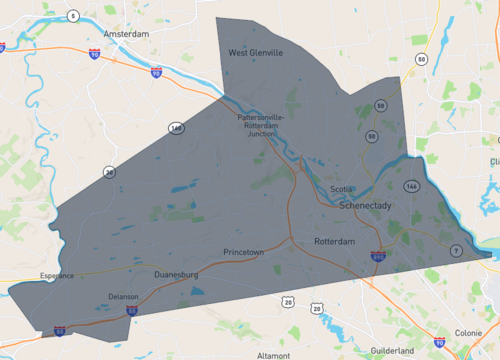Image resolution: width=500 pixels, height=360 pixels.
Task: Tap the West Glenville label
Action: click(256, 52)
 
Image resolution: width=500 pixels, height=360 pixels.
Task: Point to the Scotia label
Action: click(342, 189)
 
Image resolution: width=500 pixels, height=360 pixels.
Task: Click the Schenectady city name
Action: click(368, 205)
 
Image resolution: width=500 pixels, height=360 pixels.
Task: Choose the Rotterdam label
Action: click(335, 242)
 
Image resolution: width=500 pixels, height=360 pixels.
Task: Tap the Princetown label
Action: click(244, 252)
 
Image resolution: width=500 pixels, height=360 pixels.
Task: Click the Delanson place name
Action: click(124, 297)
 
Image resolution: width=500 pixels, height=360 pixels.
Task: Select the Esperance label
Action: click(58, 275)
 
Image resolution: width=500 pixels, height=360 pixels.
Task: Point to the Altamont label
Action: click(273, 355)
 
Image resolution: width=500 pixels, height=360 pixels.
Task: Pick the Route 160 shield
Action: click(176, 128)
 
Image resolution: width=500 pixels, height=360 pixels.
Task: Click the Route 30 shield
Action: click(109, 171)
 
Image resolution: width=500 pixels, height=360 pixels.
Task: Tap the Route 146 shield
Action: click(410, 186)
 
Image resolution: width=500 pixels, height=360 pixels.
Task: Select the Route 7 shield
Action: click(455, 250)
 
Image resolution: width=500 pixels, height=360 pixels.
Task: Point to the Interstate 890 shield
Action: click(377, 256)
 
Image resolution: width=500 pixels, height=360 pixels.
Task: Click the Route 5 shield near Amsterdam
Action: click(73, 15)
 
